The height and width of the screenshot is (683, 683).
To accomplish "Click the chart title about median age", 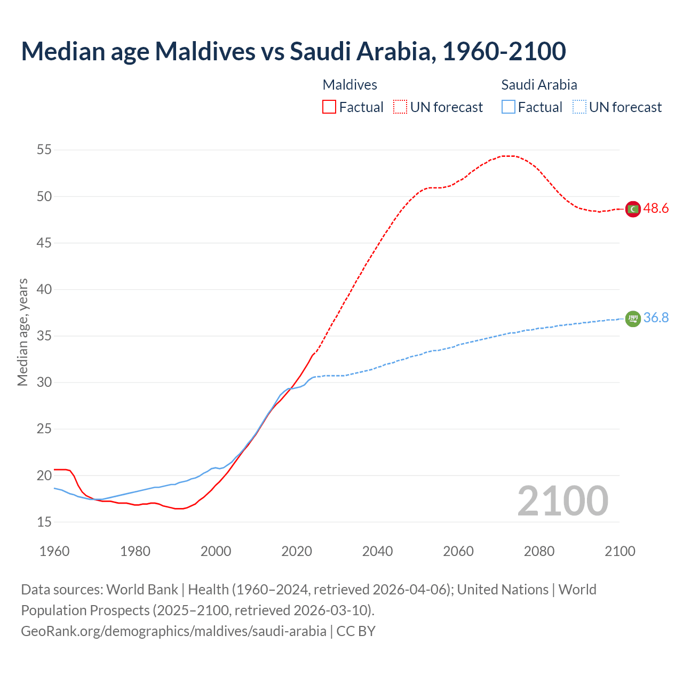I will [x=293, y=51].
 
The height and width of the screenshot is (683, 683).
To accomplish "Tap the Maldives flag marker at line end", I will [x=632, y=209].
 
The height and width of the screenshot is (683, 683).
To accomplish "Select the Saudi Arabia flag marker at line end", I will [x=632, y=319].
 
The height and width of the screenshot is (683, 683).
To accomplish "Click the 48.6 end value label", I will [x=656, y=209].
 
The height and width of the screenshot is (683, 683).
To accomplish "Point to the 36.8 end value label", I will [x=656, y=318].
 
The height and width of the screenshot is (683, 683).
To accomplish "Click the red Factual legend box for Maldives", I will [x=329, y=107].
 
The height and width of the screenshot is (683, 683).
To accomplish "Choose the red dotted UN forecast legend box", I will [x=400, y=107].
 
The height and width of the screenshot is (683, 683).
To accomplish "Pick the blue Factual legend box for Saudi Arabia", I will [x=509, y=107].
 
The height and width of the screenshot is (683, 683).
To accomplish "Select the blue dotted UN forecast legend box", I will [x=579, y=107].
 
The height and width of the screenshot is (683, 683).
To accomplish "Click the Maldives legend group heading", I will [x=350, y=85].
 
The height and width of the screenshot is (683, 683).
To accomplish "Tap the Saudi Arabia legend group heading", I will [x=539, y=85].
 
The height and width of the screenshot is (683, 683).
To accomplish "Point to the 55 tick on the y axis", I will [x=44, y=150].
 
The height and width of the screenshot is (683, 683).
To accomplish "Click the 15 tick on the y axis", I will [x=44, y=522].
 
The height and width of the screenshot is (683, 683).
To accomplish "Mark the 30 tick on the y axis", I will [x=44, y=383].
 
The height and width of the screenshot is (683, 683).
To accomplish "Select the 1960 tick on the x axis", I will [x=54, y=551].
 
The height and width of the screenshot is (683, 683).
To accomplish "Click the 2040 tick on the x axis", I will [x=377, y=551].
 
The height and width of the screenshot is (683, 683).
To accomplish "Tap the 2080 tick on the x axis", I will [x=539, y=551].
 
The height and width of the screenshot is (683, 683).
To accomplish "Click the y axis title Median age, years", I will [x=22, y=332].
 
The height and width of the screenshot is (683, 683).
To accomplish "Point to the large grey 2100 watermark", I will [x=562, y=501].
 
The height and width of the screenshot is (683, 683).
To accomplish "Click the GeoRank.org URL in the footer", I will [x=173, y=631].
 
